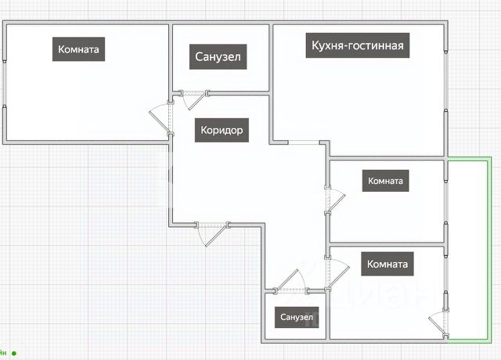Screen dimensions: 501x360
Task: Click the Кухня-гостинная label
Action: tap(358, 45)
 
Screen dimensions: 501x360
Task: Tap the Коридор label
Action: tap(222, 131)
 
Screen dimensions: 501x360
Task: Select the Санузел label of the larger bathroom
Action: tap(218, 57)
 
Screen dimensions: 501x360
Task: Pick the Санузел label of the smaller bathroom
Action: tap(297, 317)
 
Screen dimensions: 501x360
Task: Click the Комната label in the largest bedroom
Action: tap(78, 49)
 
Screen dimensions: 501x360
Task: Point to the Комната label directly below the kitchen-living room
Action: tap(385, 181)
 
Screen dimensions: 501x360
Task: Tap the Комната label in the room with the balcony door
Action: tap(387, 264)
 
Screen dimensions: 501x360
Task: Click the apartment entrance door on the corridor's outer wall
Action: tap(216, 236)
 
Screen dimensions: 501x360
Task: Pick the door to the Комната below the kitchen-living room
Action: tap(336, 201)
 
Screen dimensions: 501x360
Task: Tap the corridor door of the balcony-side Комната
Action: tap(338, 273)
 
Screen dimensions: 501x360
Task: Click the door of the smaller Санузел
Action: tap(289, 280)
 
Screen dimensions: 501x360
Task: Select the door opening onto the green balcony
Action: tap(437, 323)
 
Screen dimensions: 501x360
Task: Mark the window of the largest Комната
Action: tap(5, 83)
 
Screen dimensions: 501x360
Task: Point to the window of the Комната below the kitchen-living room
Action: tap(445, 202)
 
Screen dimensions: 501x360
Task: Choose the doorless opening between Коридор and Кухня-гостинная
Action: tap(305, 142)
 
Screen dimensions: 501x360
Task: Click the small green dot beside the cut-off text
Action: tap(14, 353)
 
